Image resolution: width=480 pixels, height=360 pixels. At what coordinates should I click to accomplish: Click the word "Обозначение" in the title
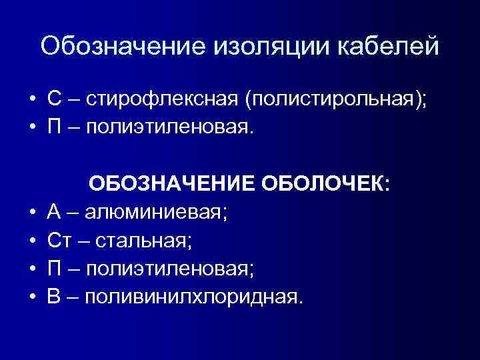124,46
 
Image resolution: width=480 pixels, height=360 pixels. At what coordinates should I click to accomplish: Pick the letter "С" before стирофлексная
55,101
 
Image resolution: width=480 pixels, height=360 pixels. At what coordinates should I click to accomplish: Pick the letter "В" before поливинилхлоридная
55,295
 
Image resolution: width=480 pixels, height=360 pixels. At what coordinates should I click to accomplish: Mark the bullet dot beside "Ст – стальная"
31,241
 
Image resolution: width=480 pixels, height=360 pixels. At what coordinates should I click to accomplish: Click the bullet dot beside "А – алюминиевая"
31,213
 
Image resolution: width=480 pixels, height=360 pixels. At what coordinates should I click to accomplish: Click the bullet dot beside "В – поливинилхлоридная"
31,297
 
